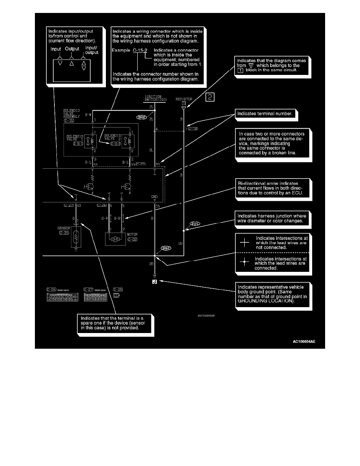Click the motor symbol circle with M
point(116,239)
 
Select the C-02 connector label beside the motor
point(132,239)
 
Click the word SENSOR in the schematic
point(65,228)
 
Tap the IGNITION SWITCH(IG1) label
point(153,98)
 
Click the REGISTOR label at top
point(184,99)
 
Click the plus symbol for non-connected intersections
point(244,242)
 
